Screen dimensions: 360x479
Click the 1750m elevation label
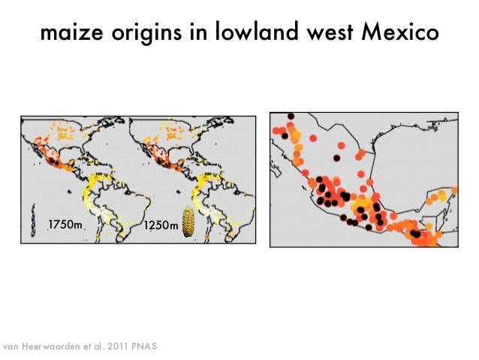tap(66, 225)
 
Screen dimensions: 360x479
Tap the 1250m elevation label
tap(162, 225)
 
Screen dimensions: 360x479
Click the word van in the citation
tap(14, 346)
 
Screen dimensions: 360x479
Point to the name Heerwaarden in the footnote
tap(59, 346)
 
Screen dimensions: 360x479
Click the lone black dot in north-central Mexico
tap(338, 158)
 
